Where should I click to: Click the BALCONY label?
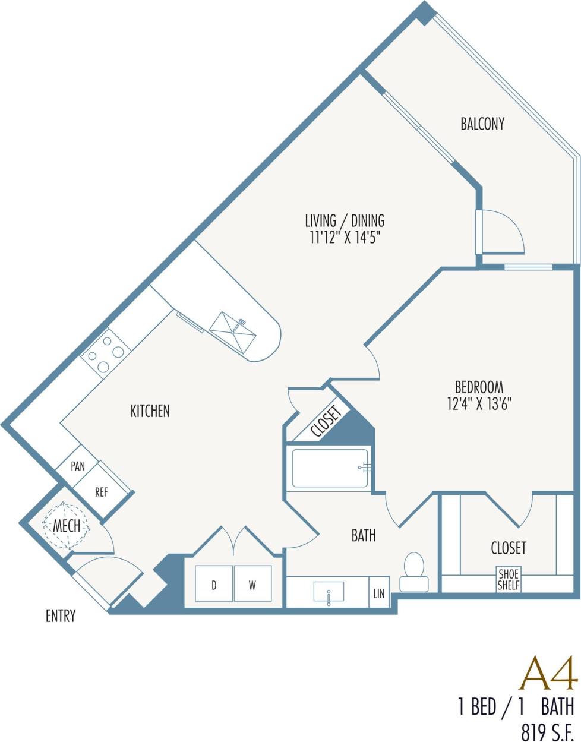pyautogui.click(x=482, y=124)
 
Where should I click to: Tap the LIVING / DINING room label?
pyautogui.click(x=345, y=220)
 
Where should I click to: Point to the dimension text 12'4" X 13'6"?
pyautogui.click(x=479, y=404)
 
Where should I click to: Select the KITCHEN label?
pyautogui.click(x=150, y=411)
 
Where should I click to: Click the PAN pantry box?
pyautogui.click(x=77, y=466)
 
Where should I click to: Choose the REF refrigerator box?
pyautogui.click(x=102, y=492)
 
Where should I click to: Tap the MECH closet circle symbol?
pyautogui.click(x=65, y=526)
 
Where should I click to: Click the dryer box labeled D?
pyautogui.click(x=214, y=585)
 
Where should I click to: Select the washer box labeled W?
pyautogui.click(x=252, y=585)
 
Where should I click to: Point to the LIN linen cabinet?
pyautogui.click(x=378, y=592)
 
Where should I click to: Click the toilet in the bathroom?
pyautogui.click(x=413, y=572)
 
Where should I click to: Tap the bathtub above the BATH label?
pyautogui.click(x=330, y=468)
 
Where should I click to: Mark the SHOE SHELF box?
pyautogui.click(x=509, y=579)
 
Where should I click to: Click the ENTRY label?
pyautogui.click(x=61, y=616)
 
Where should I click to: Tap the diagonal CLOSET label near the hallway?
pyautogui.click(x=326, y=422)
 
